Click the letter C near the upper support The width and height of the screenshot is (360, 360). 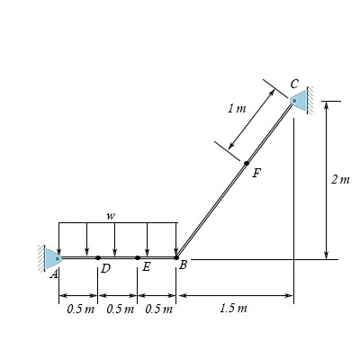click(x=294, y=84)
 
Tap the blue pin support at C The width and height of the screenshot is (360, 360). click(x=299, y=101)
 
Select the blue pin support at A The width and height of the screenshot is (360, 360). click(x=53, y=258)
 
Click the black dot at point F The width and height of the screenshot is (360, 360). click(x=247, y=163)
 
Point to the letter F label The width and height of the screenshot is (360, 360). click(x=256, y=173)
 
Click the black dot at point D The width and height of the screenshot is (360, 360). click(x=98, y=257)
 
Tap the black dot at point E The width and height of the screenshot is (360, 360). click(x=138, y=257)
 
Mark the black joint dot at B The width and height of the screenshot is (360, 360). click(x=176, y=257)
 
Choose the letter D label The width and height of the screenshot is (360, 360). click(x=105, y=268)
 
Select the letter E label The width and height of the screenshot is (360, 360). click(x=146, y=266)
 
